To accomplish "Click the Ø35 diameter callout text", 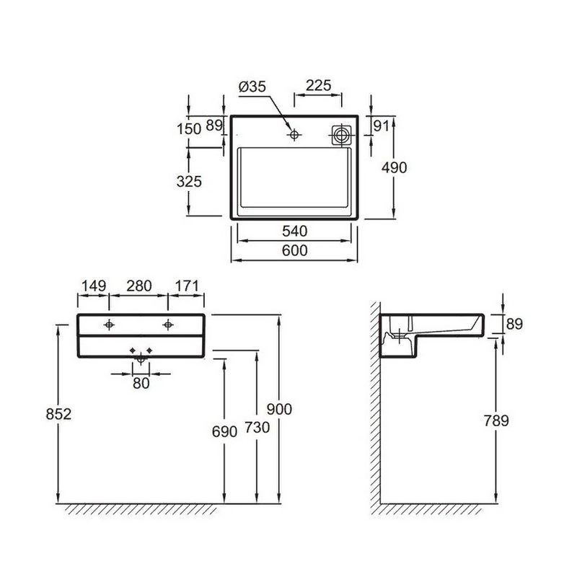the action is pyautogui.click(x=252, y=87).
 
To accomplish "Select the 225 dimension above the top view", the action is pyautogui.click(x=319, y=85).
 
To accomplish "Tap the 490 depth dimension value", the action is pyautogui.click(x=394, y=168).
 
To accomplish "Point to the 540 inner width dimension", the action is pyautogui.click(x=295, y=231).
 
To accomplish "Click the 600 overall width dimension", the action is pyautogui.click(x=295, y=250).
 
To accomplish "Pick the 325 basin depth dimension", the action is pyautogui.click(x=189, y=182).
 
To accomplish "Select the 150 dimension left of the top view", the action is pyautogui.click(x=189, y=129).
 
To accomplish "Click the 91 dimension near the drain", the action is pyautogui.click(x=381, y=125).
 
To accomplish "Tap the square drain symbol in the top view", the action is pyautogui.click(x=341, y=135).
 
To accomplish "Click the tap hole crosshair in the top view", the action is pyautogui.click(x=294, y=135).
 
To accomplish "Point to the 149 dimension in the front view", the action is pyautogui.click(x=94, y=286).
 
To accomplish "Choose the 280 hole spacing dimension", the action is pyautogui.click(x=139, y=286).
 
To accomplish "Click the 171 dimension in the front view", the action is pyautogui.click(x=187, y=286).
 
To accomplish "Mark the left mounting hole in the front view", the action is pyautogui.click(x=109, y=325).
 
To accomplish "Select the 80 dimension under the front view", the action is pyautogui.click(x=141, y=384).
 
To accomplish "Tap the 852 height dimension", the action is pyautogui.click(x=58, y=414).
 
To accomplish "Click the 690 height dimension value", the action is pyautogui.click(x=224, y=432).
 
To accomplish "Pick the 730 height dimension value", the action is pyautogui.click(x=257, y=428).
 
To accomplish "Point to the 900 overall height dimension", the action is pyautogui.click(x=279, y=409).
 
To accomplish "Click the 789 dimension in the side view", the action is pyautogui.click(x=496, y=420).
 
